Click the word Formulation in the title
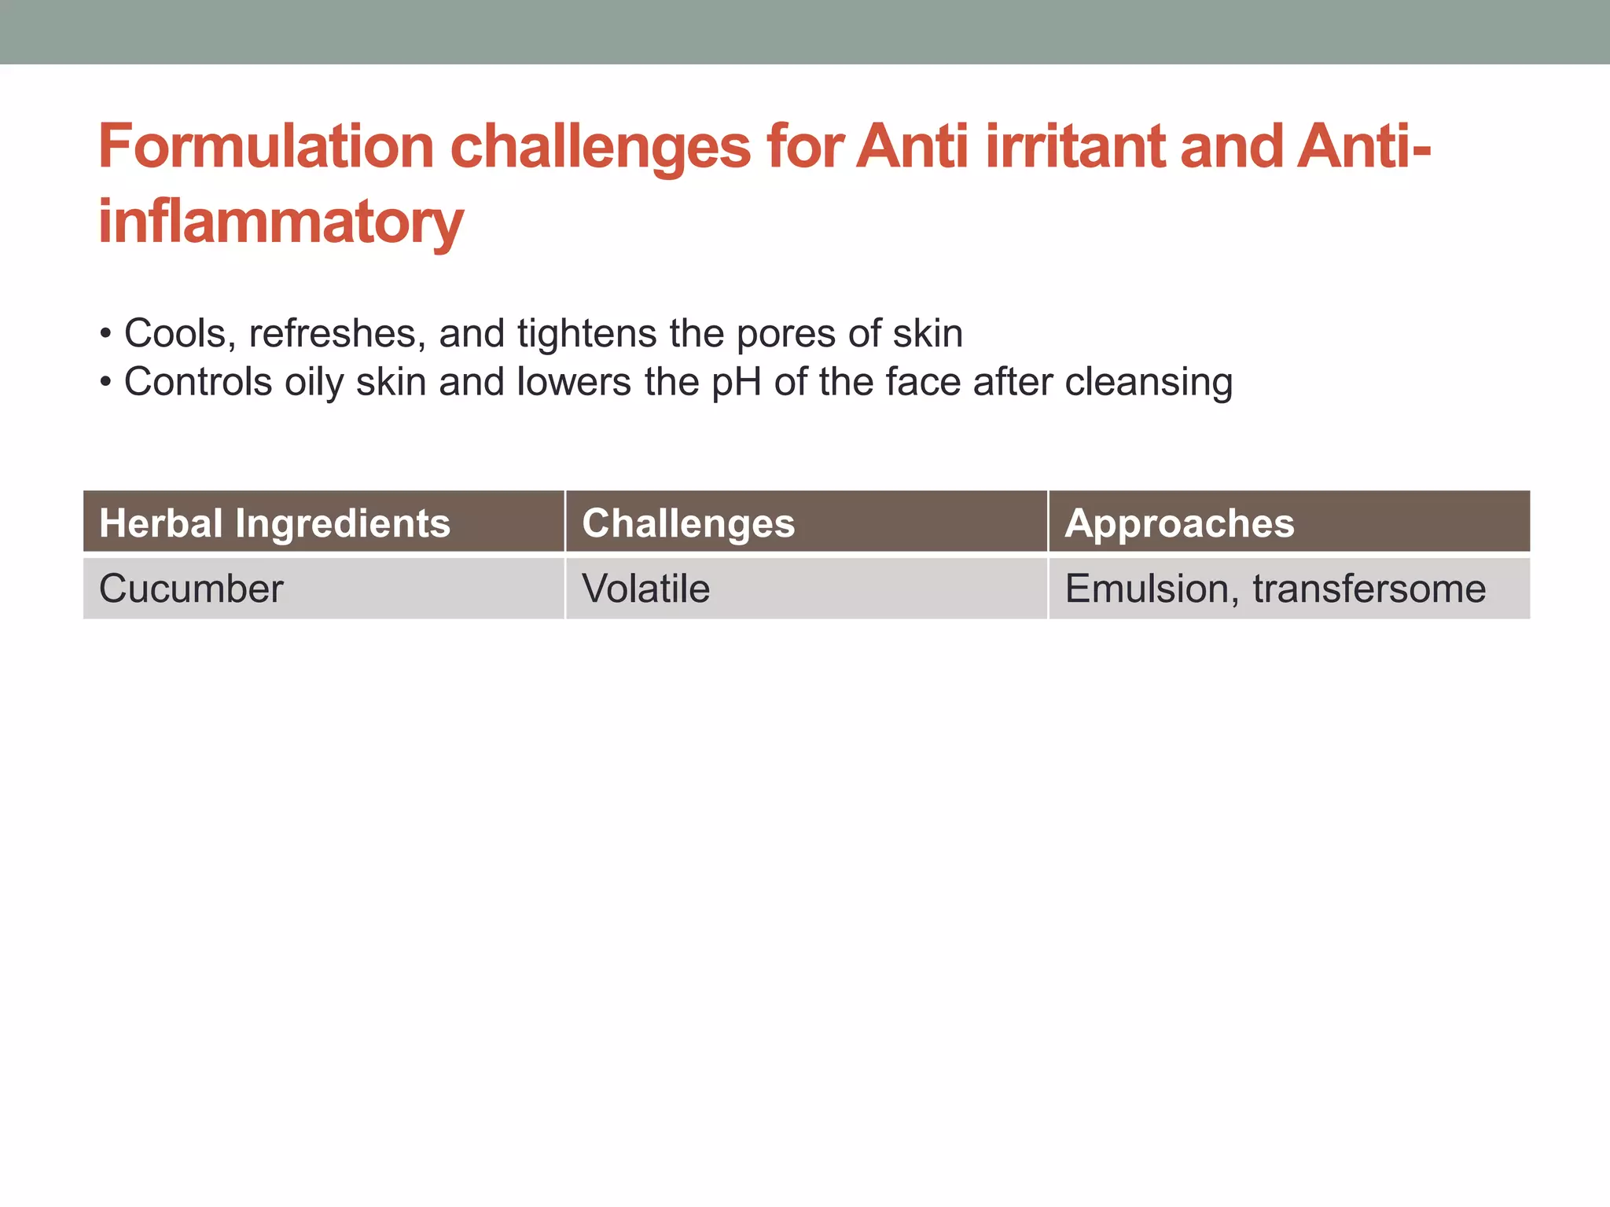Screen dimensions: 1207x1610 (266, 147)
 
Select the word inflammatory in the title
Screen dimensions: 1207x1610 (281, 222)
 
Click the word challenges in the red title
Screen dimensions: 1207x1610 (600, 147)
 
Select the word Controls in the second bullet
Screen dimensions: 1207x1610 (197, 382)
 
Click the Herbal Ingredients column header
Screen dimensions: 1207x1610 (275, 523)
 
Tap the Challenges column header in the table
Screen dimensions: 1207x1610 (689, 523)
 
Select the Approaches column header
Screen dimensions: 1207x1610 (1179, 523)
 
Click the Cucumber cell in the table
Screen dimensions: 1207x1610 (191, 589)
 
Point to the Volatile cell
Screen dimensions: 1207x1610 (645, 589)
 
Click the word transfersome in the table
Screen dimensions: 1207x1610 (1369, 589)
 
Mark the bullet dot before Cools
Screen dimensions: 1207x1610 (105, 335)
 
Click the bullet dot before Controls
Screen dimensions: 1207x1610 (105, 383)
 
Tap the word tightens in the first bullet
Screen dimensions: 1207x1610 (586, 333)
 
